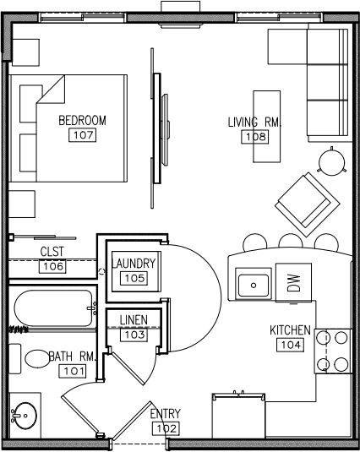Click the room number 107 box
click(x=83, y=135)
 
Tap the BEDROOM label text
click(x=83, y=121)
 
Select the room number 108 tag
click(x=255, y=137)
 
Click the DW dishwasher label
click(x=294, y=283)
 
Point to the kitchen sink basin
click(x=254, y=286)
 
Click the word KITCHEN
click(x=290, y=330)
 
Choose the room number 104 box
click(x=291, y=345)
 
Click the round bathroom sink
click(x=25, y=416)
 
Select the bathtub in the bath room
click(x=53, y=308)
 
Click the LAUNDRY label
click(x=134, y=264)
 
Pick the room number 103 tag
click(x=134, y=335)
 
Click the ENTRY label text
click(x=166, y=414)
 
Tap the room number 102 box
click(x=166, y=428)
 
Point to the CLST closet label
click(x=52, y=252)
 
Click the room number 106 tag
click(x=52, y=266)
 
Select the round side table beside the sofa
click(x=332, y=161)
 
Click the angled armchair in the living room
click(x=308, y=204)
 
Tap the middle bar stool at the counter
click(x=291, y=242)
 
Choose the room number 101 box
click(x=73, y=371)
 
